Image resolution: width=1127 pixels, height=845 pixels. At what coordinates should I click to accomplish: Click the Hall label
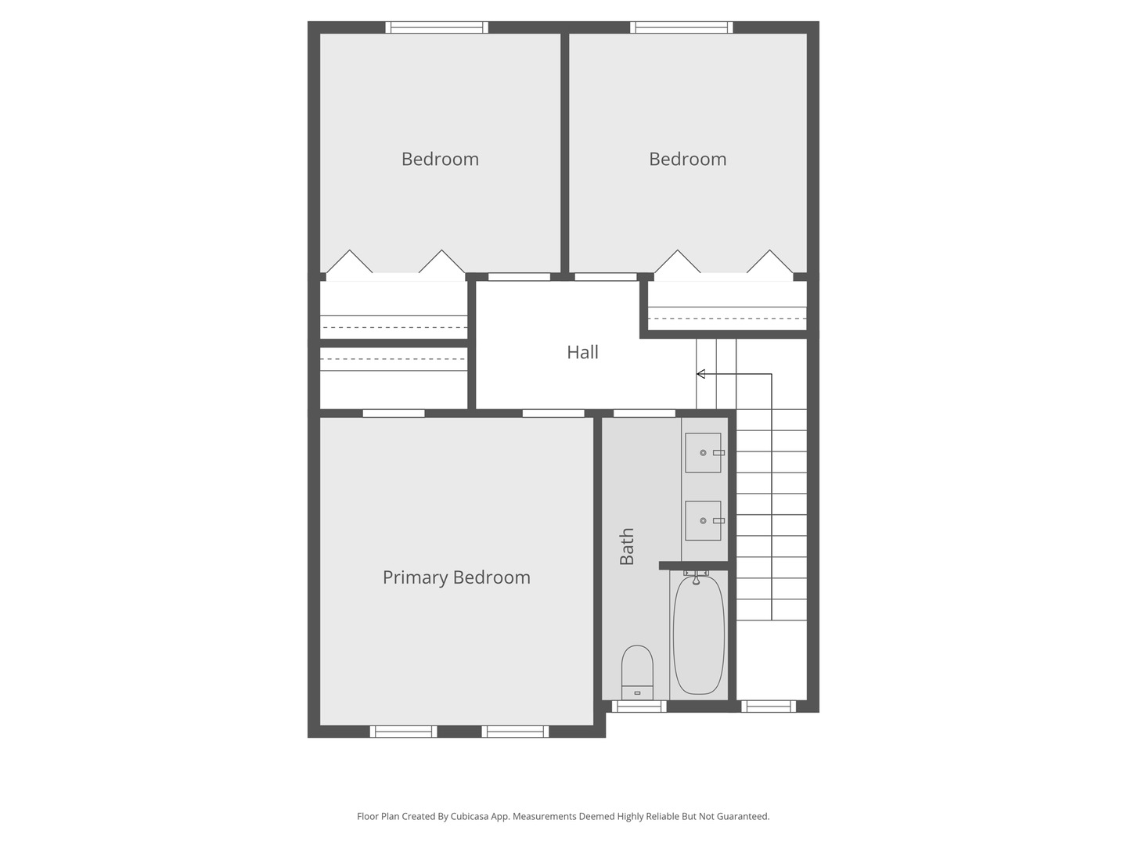click(x=582, y=353)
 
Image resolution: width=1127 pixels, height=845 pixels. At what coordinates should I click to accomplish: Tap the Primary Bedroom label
click(x=456, y=577)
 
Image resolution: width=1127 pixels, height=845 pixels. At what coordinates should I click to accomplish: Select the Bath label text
click(x=627, y=546)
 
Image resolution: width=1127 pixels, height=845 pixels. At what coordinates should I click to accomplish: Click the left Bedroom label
click(x=440, y=160)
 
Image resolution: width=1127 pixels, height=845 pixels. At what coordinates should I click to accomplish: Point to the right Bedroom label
click(x=687, y=160)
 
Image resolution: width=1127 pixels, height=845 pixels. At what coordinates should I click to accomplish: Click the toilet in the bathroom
click(x=637, y=671)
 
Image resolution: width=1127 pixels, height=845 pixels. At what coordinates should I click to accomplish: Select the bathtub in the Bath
click(x=698, y=634)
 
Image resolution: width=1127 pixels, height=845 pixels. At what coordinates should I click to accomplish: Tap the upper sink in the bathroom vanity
click(x=703, y=453)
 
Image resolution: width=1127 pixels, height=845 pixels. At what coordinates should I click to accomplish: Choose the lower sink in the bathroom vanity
click(x=703, y=521)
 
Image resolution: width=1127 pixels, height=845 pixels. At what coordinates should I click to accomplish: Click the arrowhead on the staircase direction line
click(x=700, y=374)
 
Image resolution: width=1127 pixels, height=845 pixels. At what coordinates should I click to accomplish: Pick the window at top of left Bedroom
click(x=437, y=27)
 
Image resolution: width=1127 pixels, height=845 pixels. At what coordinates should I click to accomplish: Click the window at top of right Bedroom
click(x=682, y=27)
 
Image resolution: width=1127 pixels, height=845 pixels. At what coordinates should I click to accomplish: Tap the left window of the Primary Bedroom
click(x=403, y=732)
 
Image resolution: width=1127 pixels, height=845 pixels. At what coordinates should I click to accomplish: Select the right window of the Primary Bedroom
click(x=515, y=732)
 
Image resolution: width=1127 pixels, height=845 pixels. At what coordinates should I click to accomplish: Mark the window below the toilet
click(x=639, y=707)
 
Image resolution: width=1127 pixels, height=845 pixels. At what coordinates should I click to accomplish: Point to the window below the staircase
click(x=769, y=707)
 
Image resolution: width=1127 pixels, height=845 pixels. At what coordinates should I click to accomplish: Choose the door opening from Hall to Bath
click(x=644, y=413)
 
